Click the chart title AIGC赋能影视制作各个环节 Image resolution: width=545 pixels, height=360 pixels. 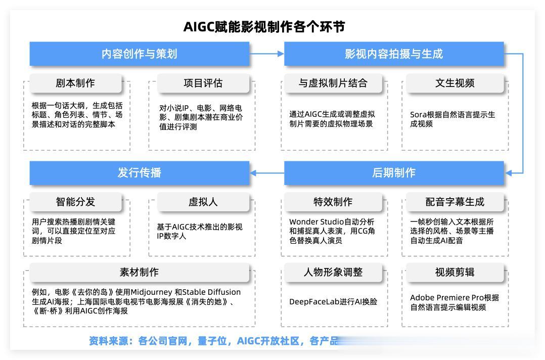(264, 27)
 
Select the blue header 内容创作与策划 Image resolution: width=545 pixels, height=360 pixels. (139, 54)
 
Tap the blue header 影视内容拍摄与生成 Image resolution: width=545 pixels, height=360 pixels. (394, 54)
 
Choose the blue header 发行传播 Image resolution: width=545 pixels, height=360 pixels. (139, 172)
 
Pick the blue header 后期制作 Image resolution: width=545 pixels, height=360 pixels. (394, 172)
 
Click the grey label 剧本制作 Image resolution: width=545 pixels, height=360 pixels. (75, 83)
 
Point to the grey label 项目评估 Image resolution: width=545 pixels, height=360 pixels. (203, 83)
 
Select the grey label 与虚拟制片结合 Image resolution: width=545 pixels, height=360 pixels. (333, 83)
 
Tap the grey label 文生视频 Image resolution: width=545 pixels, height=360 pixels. (455, 83)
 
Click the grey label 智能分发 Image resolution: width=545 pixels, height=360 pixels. (75, 202)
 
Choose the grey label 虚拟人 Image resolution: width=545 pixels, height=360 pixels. (203, 202)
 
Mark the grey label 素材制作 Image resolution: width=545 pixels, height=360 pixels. (139, 272)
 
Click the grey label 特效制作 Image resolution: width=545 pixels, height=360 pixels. (333, 202)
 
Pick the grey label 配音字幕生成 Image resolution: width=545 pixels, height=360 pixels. (455, 202)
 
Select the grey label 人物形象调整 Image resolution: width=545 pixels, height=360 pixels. (333, 272)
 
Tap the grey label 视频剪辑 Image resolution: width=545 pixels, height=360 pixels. (455, 272)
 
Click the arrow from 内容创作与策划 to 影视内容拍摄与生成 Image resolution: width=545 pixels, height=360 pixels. (267, 54)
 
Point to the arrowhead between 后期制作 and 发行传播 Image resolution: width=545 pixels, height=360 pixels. (254, 173)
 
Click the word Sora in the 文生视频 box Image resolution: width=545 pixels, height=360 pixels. (418, 115)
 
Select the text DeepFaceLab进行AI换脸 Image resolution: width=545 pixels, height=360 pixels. (333, 302)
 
